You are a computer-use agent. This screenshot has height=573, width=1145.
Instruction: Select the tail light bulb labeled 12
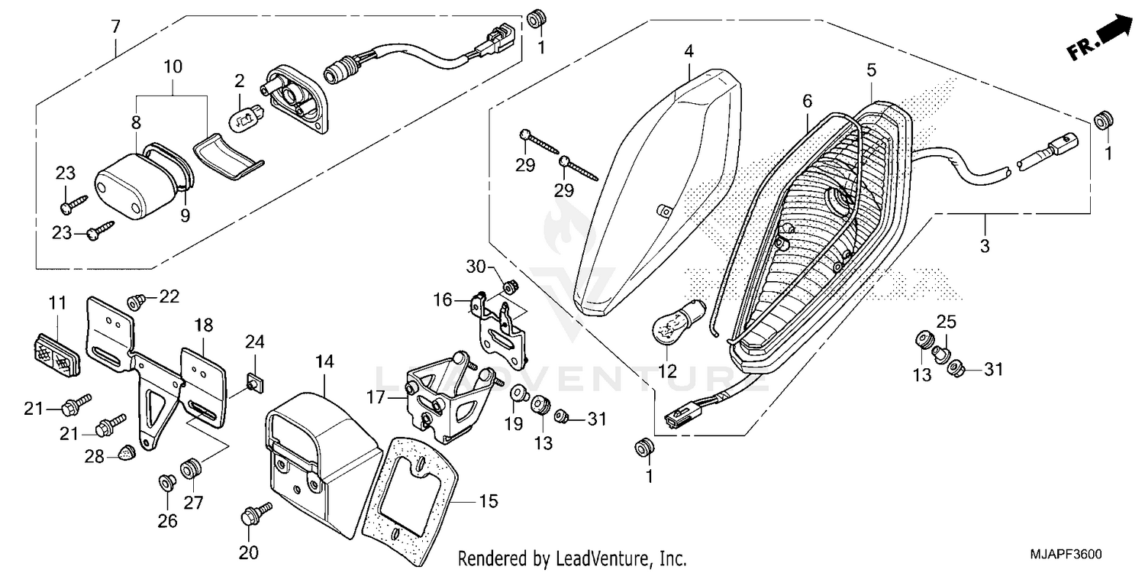(x=669, y=327)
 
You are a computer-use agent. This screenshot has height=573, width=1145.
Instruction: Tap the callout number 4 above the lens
(x=689, y=52)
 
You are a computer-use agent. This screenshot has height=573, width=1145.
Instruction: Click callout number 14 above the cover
(x=325, y=362)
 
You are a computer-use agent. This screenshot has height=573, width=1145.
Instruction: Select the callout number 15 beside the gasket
(x=489, y=501)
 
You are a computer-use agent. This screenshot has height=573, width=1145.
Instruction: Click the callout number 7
(x=116, y=27)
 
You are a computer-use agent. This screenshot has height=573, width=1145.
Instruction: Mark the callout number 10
(x=173, y=66)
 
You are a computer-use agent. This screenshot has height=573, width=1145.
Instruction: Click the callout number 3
(x=985, y=246)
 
